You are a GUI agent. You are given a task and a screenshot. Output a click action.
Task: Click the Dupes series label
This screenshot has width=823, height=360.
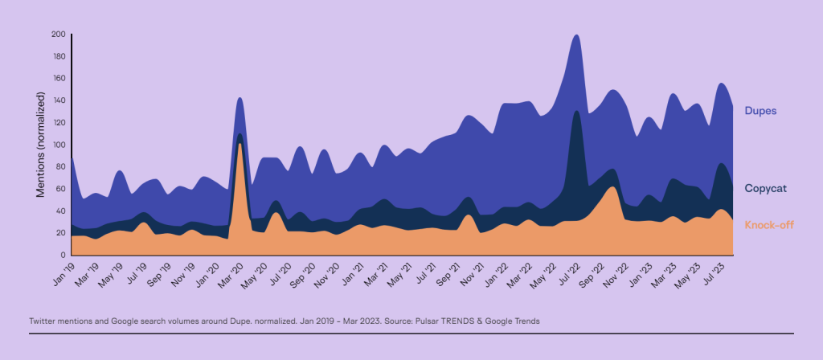coord(760,110)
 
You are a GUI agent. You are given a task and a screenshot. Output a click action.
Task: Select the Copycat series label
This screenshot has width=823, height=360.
coord(765,188)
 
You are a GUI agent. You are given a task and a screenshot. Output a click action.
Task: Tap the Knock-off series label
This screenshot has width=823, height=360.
coord(768,225)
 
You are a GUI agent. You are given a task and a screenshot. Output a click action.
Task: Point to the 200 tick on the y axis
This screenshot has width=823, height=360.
coord(58,35)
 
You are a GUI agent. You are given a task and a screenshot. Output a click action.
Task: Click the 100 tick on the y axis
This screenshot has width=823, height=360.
coord(58,145)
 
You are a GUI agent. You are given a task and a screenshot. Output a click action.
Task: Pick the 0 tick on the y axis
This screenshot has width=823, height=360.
coord(63,255)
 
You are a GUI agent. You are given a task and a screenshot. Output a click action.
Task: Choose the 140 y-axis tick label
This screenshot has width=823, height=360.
coord(58,100)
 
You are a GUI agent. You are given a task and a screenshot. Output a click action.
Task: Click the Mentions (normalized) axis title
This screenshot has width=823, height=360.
coord(39,145)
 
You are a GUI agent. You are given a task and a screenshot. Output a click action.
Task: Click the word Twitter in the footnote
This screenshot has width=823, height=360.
coord(43,321)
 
